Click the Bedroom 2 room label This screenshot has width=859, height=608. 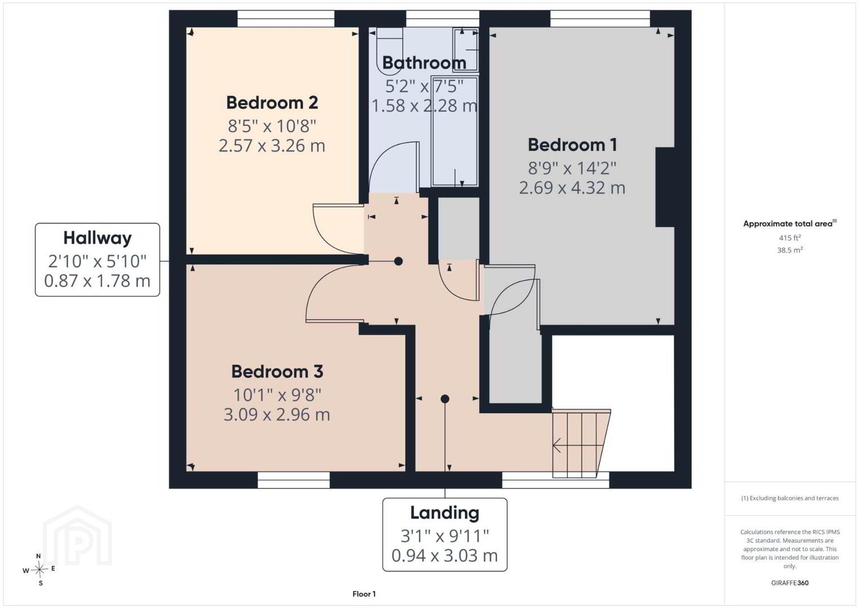click(x=272, y=103)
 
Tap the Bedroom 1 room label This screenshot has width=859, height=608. click(x=572, y=145)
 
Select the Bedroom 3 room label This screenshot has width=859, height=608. click(x=278, y=372)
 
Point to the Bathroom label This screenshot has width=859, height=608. click(x=424, y=63)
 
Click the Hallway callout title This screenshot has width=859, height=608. click(x=97, y=238)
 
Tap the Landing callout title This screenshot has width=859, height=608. click(x=445, y=513)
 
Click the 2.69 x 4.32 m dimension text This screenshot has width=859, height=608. click(x=572, y=188)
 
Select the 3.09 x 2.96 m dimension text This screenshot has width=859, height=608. click(x=277, y=415)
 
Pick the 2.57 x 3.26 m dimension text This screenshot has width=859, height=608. click(x=272, y=146)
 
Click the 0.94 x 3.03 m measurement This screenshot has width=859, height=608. click(x=445, y=556)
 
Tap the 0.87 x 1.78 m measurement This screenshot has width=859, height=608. click(x=97, y=281)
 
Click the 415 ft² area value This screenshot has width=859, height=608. click(x=790, y=238)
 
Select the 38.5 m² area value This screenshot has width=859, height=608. click(x=790, y=250)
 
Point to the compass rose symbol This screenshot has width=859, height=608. click(x=39, y=570)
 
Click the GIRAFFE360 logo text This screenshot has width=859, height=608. click(x=790, y=583)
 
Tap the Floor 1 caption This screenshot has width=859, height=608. click(x=364, y=594)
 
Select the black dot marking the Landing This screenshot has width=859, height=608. click(x=445, y=399)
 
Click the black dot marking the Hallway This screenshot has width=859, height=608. click(x=399, y=261)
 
